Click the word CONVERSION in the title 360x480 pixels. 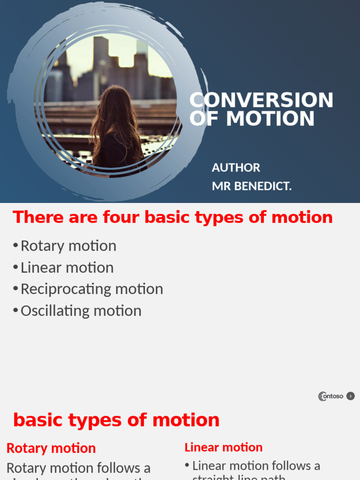click(x=261, y=100)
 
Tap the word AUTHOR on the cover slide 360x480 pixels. click(x=236, y=168)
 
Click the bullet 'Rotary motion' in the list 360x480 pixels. click(x=68, y=246)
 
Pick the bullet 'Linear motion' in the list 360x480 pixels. click(x=67, y=267)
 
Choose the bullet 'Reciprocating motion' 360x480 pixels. click(x=92, y=289)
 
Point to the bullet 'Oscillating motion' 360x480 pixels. click(x=81, y=310)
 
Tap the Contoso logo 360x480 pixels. click(x=330, y=396)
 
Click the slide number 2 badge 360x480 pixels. click(x=350, y=396)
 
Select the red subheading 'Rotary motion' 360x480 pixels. click(x=51, y=448)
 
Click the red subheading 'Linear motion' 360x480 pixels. click(x=224, y=447)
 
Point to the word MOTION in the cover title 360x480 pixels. click(x=270, y=119)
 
